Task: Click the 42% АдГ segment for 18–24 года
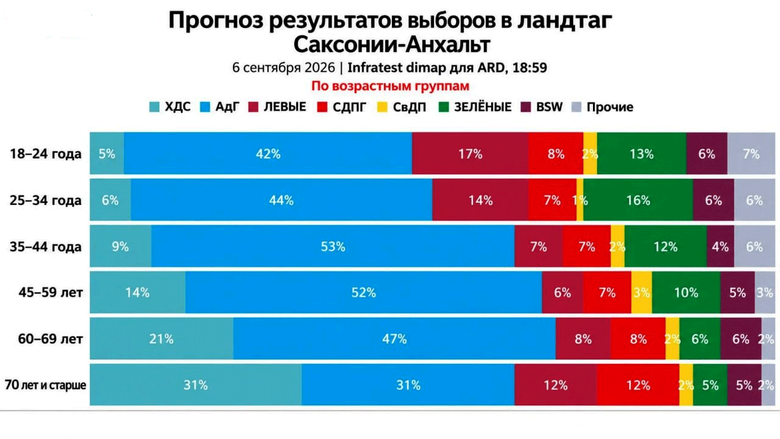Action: click(x=268, y=153)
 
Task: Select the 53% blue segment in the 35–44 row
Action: click(x=333, y=246)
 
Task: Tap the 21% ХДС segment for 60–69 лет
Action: click(x=161, y=338)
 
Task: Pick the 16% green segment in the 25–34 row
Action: click(x=638, y=199)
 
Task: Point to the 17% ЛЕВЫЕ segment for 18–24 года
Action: click(x=470, y=153)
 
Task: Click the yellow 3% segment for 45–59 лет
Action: click(x=642, y=292)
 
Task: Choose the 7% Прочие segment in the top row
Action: click(x=751, y=153)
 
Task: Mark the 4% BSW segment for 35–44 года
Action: click(x=720, y=246)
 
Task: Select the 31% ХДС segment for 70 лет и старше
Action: click(x=196, y=385)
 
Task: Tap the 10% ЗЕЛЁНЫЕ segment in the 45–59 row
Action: click(x=686, y=292)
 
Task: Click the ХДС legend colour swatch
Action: click(x=154, y=107)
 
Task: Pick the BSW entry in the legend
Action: click(x=542, y=107)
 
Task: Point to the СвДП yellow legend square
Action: click(x=382, y=107)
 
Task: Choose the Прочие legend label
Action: click(x=610, y=107)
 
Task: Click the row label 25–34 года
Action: click(x=46, y=201)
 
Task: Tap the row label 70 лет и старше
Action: click(x=45, y=385)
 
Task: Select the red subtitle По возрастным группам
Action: click(x=390, y=86)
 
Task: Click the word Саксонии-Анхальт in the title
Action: click(x=392, y=45)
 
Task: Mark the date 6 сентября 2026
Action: click(x=283, y=67)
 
